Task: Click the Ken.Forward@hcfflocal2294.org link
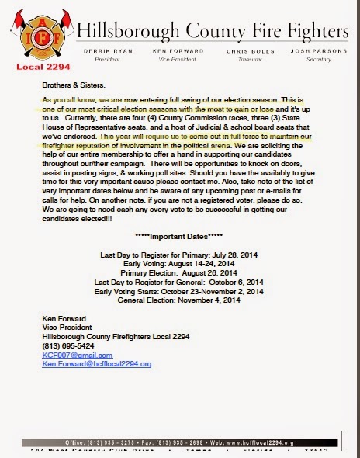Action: tap(97, 363)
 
